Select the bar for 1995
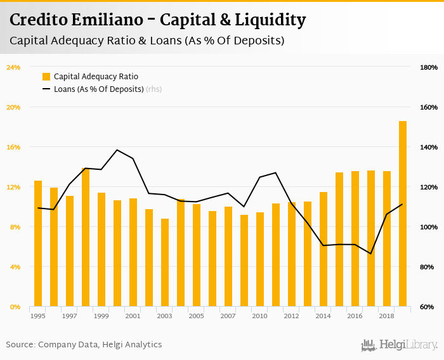(38, 244)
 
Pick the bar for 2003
(165, 263)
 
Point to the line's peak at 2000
(117, 150)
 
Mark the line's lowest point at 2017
(371, 254)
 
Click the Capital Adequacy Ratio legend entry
(95, 77)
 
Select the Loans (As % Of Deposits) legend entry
(98, 89)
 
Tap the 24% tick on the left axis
(13, 67)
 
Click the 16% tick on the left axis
(13, 147)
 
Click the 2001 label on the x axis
(133, 316)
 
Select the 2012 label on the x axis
(291, 316)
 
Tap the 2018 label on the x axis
(386, 316)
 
